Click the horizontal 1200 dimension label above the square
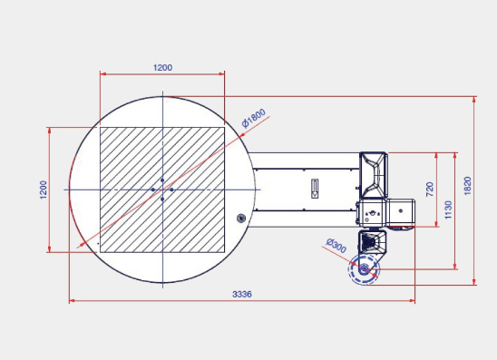pos(163,67)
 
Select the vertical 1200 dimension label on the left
pos(44,190)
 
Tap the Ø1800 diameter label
pos(254,118)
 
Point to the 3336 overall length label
pos(242,295)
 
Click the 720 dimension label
pos(430,190)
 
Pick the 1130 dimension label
pos(448,209)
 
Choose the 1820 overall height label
pos(467,186)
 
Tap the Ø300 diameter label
pos(336,246)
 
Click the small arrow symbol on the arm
pos(315,189)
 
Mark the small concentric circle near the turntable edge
pos(241,218)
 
